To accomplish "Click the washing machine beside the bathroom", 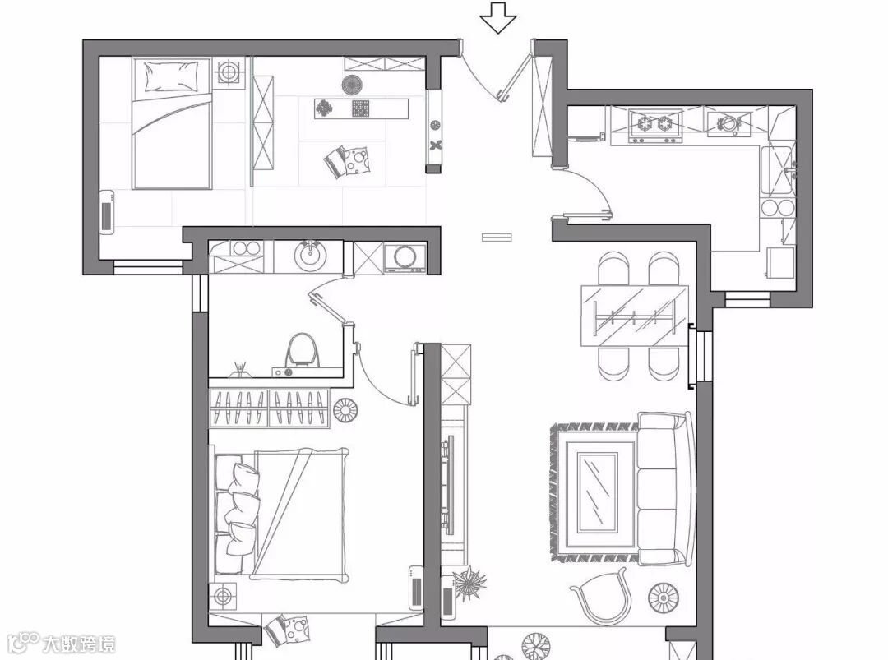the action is click(x=404, y=258).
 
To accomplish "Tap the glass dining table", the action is click(x=634, y=315).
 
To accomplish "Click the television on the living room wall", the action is click(x=447, y=485).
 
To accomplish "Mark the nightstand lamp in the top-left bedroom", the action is click(x=229, y=73).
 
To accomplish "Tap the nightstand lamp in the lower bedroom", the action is click(x=223, y=596).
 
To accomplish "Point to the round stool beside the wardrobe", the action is click(x=345, y=408).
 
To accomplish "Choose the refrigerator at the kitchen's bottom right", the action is click(x=780, y=263).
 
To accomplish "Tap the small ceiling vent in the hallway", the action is click(x=496, y=238).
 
